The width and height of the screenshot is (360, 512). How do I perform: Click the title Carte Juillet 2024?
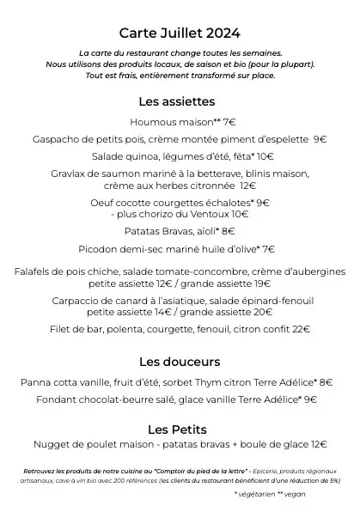pos(180,34)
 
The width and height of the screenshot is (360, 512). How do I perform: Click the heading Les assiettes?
pos(180,102)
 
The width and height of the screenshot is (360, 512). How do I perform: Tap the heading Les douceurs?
pos(180,361)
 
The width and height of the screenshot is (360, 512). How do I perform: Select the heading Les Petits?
pos(180,428)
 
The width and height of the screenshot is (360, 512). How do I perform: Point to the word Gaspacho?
pos(58,139)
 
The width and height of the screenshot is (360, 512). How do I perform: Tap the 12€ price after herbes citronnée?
pos(247,185)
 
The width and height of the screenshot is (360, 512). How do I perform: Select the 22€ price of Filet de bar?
pos(301,329)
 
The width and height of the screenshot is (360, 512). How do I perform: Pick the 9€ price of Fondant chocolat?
pos(310,399)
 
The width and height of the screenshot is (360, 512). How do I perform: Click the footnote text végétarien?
pos(262,495)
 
